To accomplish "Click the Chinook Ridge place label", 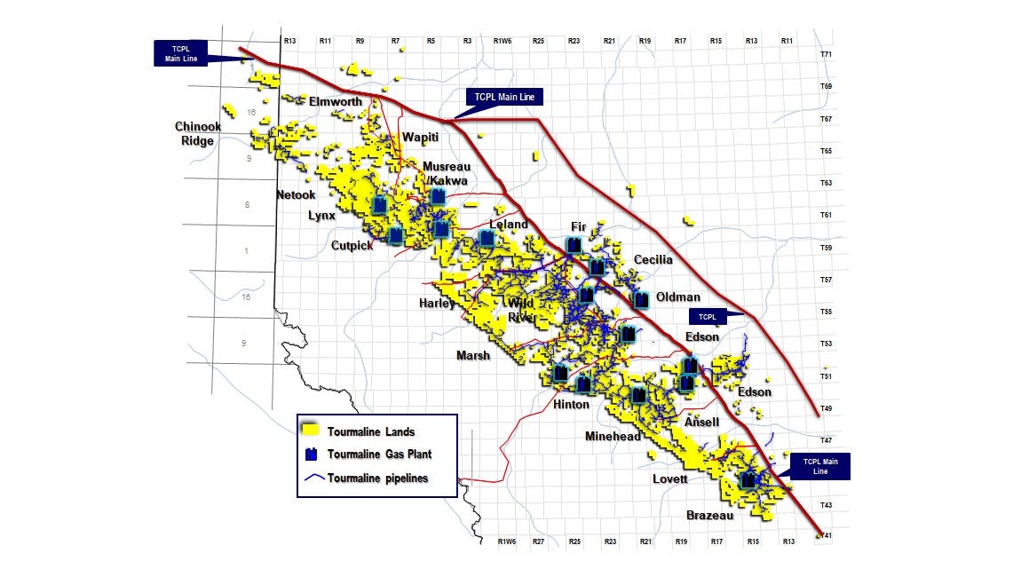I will point(198,133).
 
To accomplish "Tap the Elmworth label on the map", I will point(335,102).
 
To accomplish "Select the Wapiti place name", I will point(421,137).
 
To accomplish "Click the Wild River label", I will point(521,310).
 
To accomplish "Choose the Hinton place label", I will point(571,405).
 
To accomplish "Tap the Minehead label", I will point(613,437).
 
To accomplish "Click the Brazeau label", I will point(709,516).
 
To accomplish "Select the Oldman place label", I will point(678,297).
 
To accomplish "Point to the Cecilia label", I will point(653,260).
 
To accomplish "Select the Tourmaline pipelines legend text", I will point(377,478).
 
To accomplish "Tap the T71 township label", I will point(826,55).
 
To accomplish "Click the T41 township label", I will point(826,535).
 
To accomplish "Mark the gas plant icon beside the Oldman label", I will point(640,300).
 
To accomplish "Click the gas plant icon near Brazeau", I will point(748,480).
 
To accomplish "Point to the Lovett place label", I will point(670,479).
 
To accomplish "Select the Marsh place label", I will point(473,356).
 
